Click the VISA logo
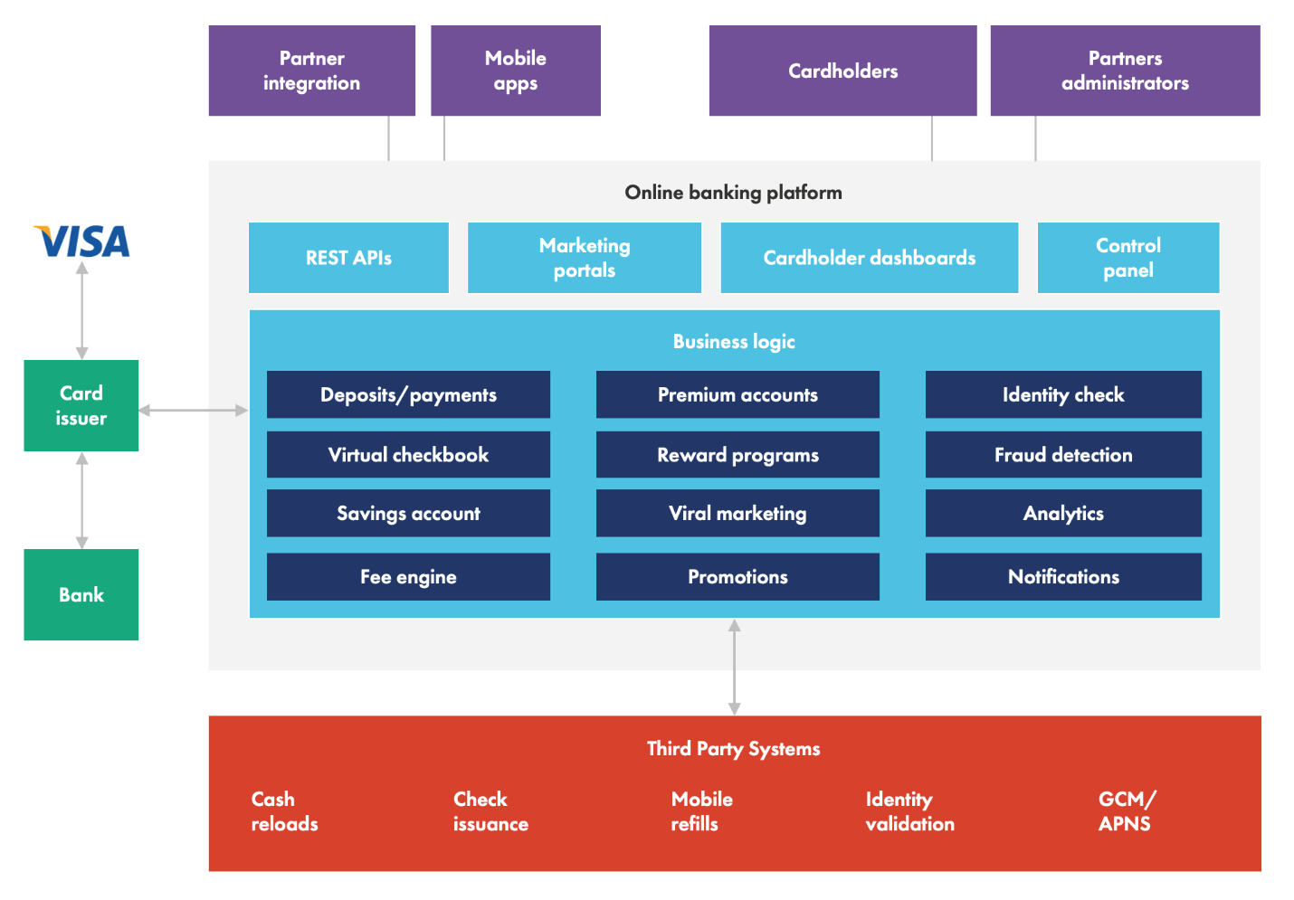[82, 242]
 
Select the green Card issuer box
[81, 405]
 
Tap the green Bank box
[81, 594]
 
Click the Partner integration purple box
[311, 71]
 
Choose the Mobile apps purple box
[515, 71]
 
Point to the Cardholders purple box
[842, 71]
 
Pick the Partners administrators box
[1125, 71]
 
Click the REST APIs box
[348, 258]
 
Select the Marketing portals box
[584, 258]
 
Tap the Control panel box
[1127, 258]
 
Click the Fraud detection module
[1063, 454]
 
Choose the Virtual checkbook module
[408, 454]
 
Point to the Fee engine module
[408, 576]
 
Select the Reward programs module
[737, 454]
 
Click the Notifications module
[1063, 576]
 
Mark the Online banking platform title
[733, 192]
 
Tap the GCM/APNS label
[1126, 811]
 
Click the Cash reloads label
[284, 811]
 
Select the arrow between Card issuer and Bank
[82, 500]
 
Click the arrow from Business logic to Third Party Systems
[734, 667]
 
